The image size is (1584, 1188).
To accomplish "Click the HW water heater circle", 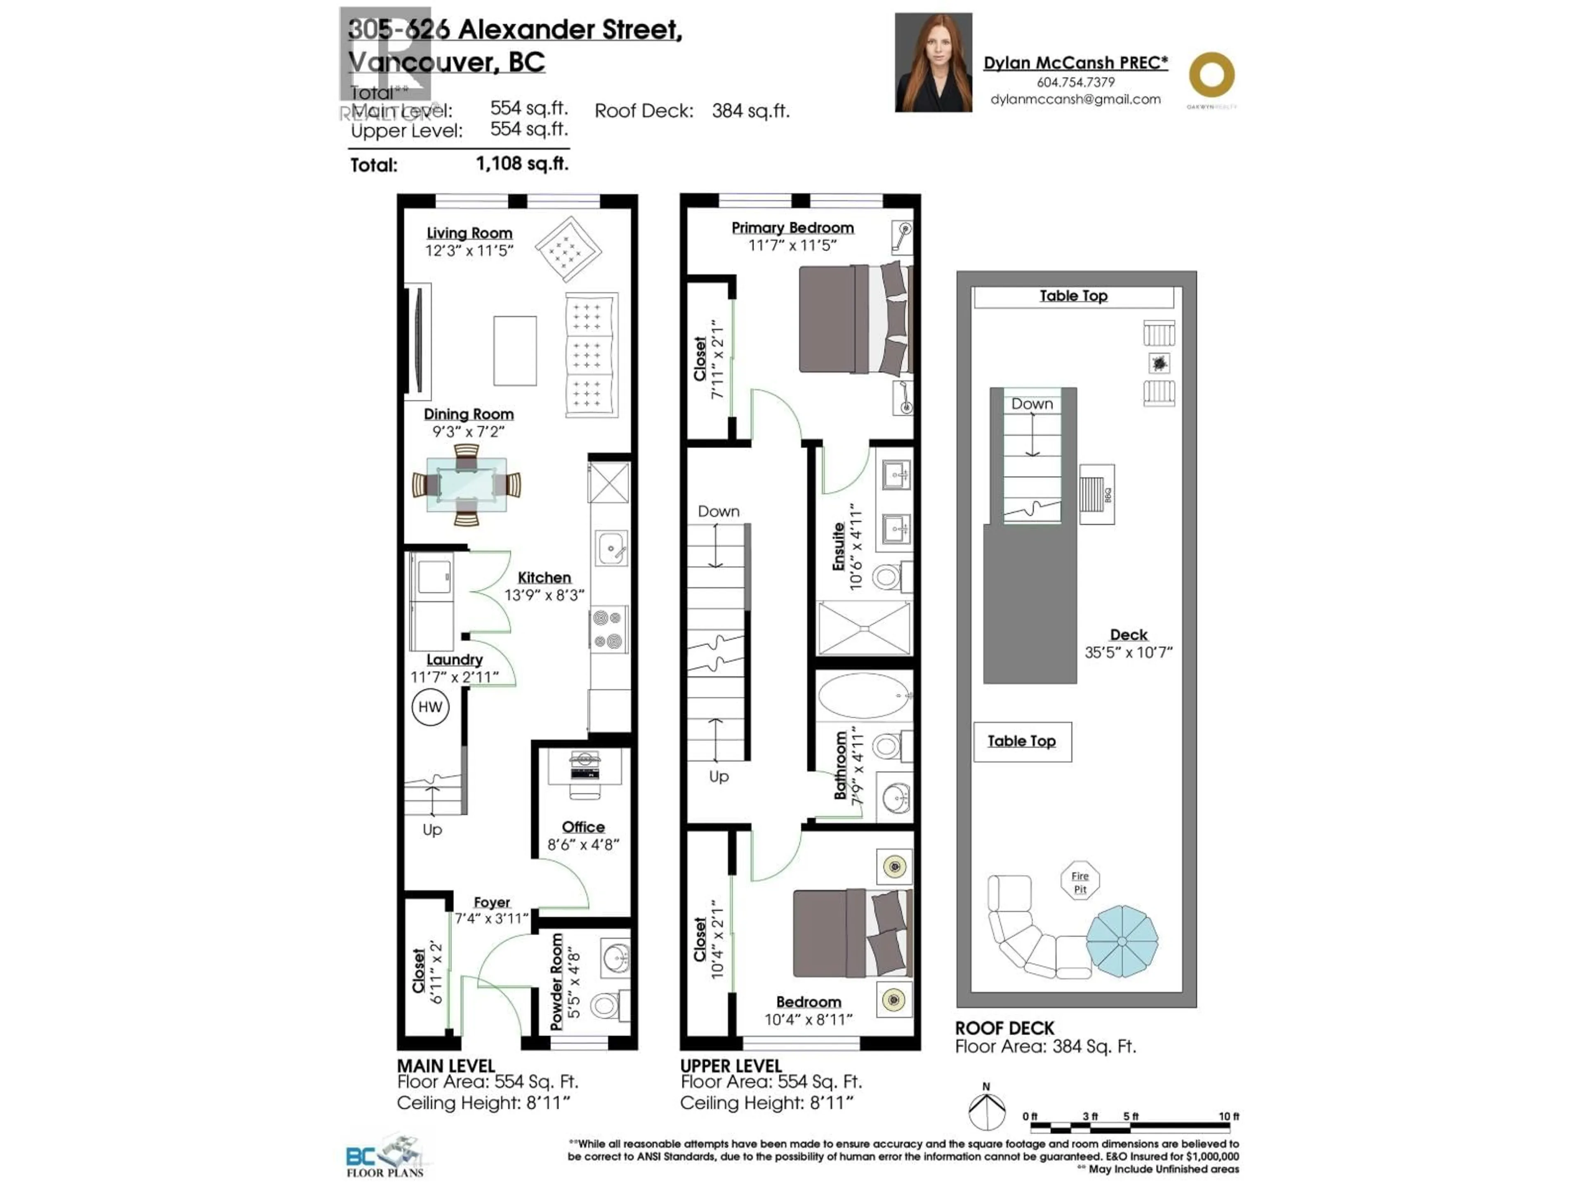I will pyautogui.click(x=430, y=707).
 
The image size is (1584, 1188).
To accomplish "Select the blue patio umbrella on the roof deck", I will pyautogui.click(x=1122, y=941).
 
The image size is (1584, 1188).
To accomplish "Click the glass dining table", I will pyautogui.click(x=466, y=485).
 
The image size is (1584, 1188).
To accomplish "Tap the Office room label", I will pyautogui.click(x=583, y=827).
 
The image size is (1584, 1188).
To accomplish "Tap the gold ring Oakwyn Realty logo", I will pyautogui.click(x=1212, y=75).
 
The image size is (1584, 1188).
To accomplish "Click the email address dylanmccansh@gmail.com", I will pyautogui.click(x=1075, y=99).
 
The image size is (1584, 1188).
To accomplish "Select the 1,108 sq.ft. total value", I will pyautogui.click(x=522, y=164).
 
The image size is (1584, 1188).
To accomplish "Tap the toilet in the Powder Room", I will pyautogui.click(x=606, y=1005).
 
